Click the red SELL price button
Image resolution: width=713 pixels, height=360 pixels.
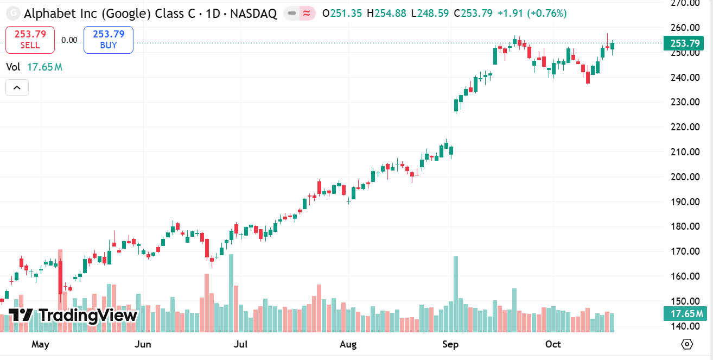click(x=30, y=40)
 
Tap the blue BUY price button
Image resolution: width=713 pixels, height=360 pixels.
click(x=109, y=40)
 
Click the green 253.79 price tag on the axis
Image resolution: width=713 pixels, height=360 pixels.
click(x=685, y=43)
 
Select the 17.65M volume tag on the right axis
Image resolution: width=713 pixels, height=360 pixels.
click(x=685, y=314)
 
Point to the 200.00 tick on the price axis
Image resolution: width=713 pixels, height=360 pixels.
click(x=684, y=177)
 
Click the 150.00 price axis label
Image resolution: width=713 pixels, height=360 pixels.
click(x=684, y=301)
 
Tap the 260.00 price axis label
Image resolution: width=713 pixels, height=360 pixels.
click(x=684, y=28)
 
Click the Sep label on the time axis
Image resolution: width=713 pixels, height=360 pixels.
click(x=450, y=344)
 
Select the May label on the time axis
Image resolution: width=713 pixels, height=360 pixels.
click(x=40, y=344)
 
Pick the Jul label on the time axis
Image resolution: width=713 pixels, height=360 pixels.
click(x=240, y=344)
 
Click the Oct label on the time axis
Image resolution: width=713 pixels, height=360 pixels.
click(x=553, y=344)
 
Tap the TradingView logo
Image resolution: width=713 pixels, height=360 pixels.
click(x=73, y=315)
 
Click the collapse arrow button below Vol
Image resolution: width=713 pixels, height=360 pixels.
click(x=17, y=87)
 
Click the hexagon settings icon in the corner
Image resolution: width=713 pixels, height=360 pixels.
click(x=687, y=344)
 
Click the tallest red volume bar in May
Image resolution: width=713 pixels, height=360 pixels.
click(x=60, y=290)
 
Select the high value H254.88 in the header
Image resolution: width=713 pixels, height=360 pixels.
click(x=386, y=13)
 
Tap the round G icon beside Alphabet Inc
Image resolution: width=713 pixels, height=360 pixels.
click(x=13, y=13)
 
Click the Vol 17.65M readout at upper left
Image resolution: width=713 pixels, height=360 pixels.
click(x=34, y=67)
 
